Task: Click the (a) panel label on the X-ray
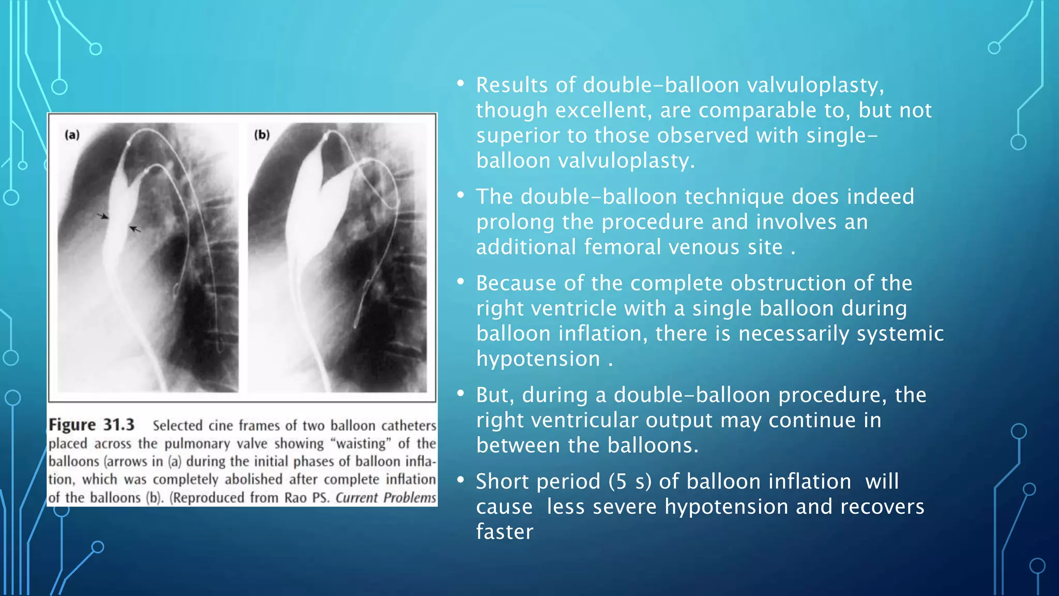tap(72, 135)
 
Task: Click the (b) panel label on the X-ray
tap(262, 135)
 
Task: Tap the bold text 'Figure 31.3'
tap(92, 425)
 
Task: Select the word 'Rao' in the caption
tap(295, 498)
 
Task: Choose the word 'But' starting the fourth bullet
tap(495, 395)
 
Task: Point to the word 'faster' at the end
tap(504, 532)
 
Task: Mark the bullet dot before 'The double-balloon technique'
tap(460, 195)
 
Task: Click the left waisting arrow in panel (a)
tap(103, 216)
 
